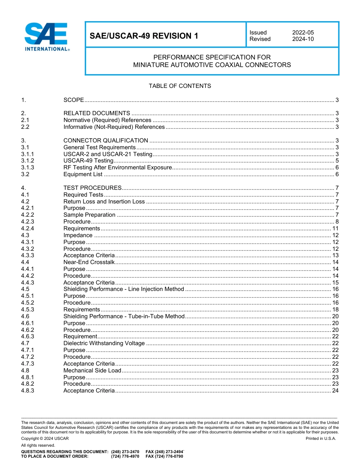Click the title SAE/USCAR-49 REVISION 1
tap(144, 36)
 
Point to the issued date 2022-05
tap(303, 33)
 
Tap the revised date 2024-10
tap(303, 39)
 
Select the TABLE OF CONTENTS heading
tap(180, 86)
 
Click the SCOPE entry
tap(74, 100)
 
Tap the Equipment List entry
tap(83, 174)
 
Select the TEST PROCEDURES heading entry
tap(92, 188)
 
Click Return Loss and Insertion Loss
tap(104, 202)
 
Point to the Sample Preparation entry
tap(89, 215)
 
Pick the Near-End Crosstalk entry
tap(89, 262)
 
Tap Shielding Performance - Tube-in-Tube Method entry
tap(124, 316)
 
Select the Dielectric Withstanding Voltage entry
tap(104, 343)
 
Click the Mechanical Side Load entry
tap(92, 371)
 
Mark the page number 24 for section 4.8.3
tap(335, 391)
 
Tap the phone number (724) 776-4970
tap(125, 457)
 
